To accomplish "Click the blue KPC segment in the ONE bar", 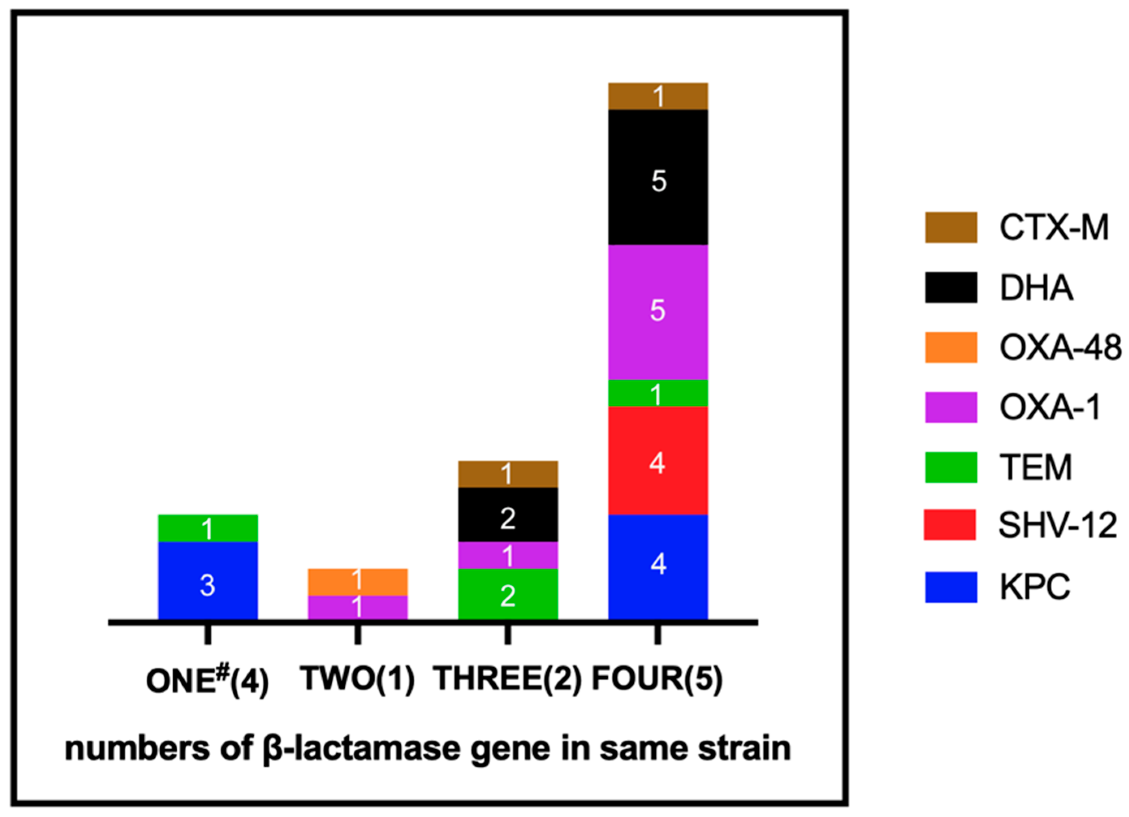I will point(207,580).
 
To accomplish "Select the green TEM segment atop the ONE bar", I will point(207,528).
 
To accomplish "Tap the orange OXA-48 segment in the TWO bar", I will point(357,582).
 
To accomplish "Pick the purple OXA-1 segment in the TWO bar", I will point(357,608).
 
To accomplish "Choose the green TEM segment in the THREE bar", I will point(508,594).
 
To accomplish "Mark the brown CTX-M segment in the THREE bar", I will point(508,474).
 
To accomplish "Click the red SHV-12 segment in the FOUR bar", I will point(658,460).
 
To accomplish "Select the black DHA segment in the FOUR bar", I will point(658,177).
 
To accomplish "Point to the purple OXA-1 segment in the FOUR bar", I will point(658,312).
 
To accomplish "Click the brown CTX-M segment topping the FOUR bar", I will point(658,96).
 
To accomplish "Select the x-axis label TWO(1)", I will point(357,678).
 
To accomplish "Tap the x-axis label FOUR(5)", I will point(657,678).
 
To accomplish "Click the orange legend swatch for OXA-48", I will point(951,347).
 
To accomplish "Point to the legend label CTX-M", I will point(1054,228).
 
